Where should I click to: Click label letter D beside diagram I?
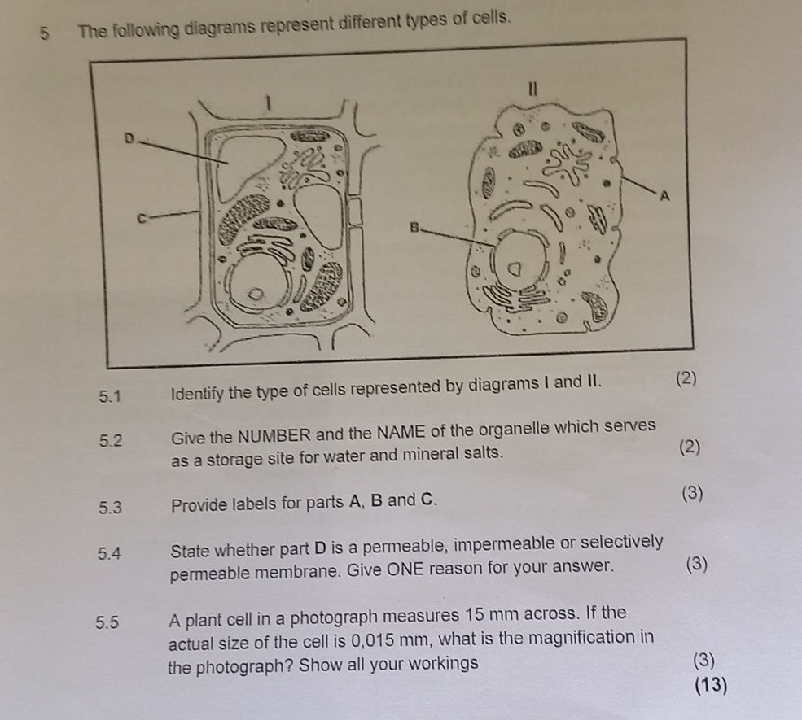click(129, 138)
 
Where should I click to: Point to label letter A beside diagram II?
click(664, 195)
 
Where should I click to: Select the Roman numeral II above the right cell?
click(532, 89)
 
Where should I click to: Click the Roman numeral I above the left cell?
click(266, 103)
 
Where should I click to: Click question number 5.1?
click(111, 396)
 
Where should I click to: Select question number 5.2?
click(111, 440)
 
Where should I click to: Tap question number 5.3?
click(111, 508)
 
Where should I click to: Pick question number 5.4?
click(109, 553)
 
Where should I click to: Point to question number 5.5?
click(107, 622)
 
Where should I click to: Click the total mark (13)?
click(711, 685)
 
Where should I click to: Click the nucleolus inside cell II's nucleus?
click(515, 268)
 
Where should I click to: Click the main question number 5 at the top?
click(45, 33)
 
